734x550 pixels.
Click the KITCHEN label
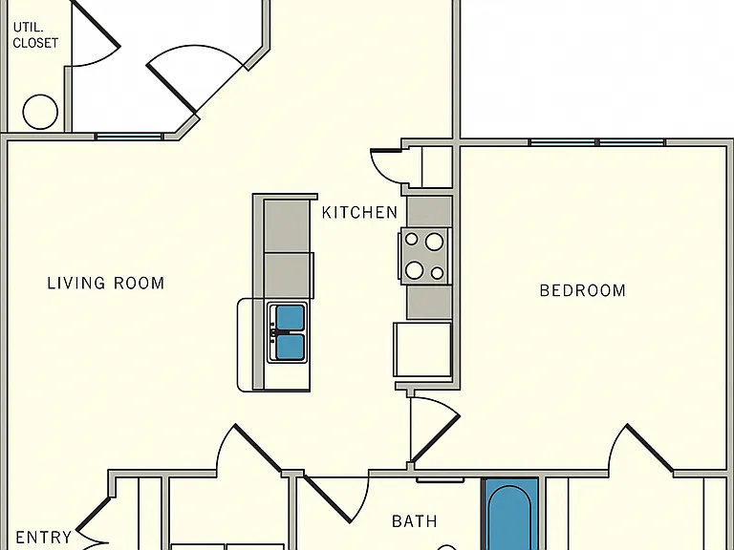pos(359,213)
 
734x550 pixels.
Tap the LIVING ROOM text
pos(106,283)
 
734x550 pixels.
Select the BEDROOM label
pos(582,290)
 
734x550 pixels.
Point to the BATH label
pos(414,521)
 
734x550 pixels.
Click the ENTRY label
pos(44,537)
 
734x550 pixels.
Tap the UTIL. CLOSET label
pos(35,35)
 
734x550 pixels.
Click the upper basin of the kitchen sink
pos(290,318)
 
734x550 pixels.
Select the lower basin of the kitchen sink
pos(290,346)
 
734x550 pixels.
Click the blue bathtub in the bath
pos(510,515)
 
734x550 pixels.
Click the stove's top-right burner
pos(434,242)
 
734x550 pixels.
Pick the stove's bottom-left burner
pos(415,270)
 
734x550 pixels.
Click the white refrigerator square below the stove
pos(422,349)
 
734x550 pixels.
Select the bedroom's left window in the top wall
pos(562,142)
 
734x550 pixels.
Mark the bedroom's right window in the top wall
pos(632,142)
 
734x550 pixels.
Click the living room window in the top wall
pos(129,137)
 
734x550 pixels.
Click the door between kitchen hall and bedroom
pos(436,438)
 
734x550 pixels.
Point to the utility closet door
pos(96,23)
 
